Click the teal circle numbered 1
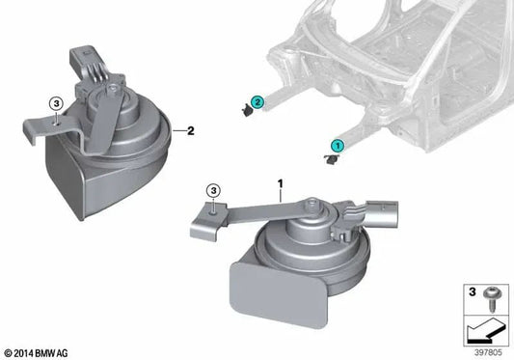coord(338,145)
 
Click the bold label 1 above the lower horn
coord(280,182)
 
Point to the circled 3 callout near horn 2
coord(56,103)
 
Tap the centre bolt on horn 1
coord(314,206)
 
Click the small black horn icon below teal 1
coord(331,160)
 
